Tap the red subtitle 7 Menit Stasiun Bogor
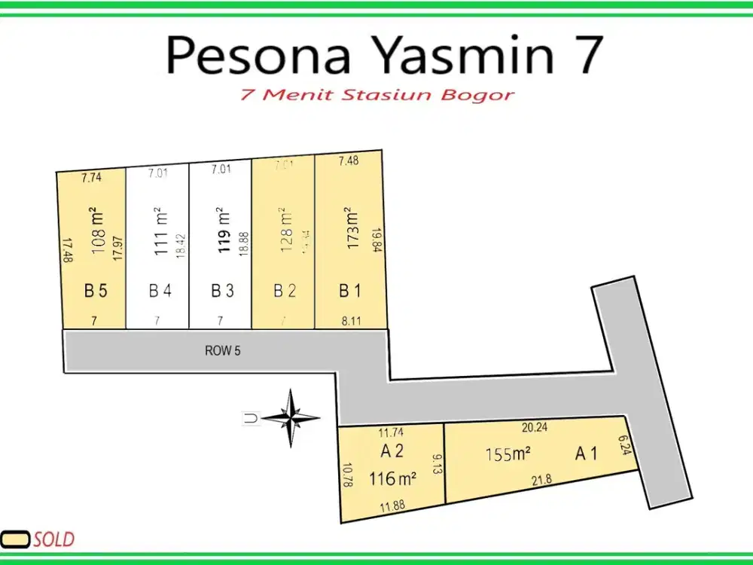click(377, 96)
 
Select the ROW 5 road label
click(222, 350)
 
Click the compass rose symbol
click(291, 417)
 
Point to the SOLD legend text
click(53, 539)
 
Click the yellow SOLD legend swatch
click(15, 539)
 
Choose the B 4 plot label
click(160, 290)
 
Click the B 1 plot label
click(349, 290)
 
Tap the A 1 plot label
click(587, 454)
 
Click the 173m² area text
click(348, 228)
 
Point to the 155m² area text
click(508, 454)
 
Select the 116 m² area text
click(393, 478)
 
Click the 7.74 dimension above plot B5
click(91, 178)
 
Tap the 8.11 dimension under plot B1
click(351, 321)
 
